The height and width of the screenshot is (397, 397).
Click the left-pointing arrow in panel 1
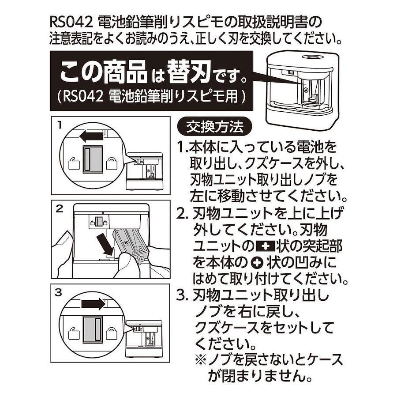tap(91, 136)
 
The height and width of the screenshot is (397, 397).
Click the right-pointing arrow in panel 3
tap(93, 303)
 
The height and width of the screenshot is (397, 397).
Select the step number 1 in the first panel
tap(60, 125)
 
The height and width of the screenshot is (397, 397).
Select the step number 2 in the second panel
tap(59, 209)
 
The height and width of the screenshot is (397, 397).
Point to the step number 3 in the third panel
tap(59, 292)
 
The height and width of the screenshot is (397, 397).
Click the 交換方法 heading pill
tap(215, 127)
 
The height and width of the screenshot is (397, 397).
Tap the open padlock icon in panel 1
tap(74, 163)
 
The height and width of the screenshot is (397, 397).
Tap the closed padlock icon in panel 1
tap(112, 163)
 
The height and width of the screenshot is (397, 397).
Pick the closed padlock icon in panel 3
tap(112, 333)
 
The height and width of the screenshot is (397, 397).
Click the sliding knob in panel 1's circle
tap(93, 159)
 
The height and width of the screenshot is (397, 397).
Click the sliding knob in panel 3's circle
tap(93, 329)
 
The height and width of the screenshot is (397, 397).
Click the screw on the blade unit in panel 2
tap(126, 242)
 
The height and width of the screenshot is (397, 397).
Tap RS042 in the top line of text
tap(71, 23)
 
